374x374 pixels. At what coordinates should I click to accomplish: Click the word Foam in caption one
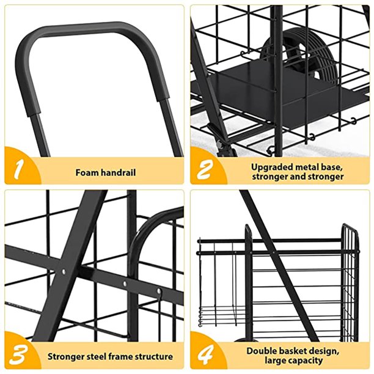[x=86, y=172]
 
